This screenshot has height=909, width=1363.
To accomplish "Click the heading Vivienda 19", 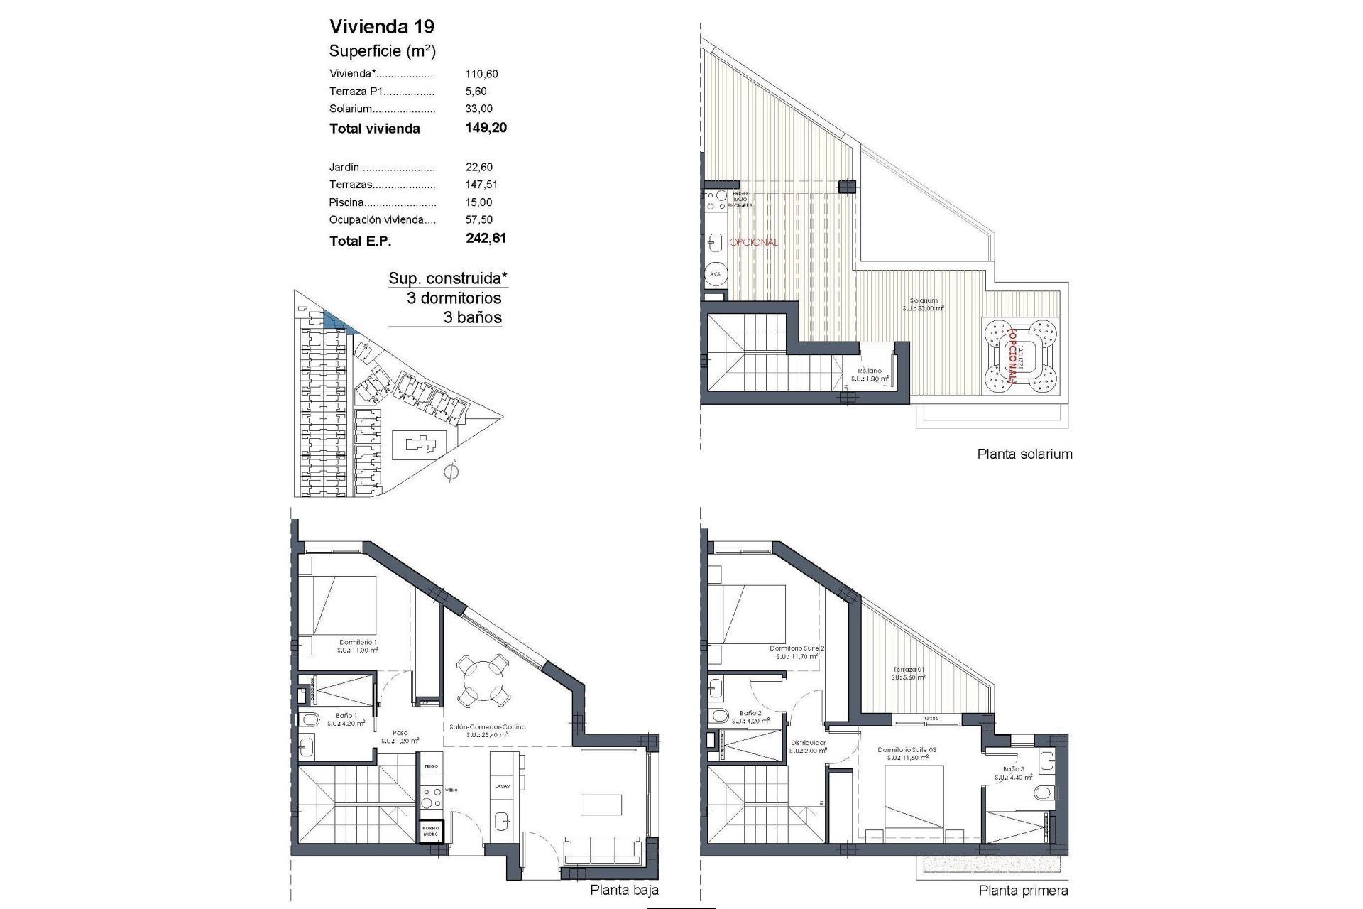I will tap(382, 27).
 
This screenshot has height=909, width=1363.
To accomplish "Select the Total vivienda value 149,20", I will tap(486, 128).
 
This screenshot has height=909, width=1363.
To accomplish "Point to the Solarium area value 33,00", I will tap(478, 109).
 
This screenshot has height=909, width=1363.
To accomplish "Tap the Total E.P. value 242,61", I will tap(486, 239).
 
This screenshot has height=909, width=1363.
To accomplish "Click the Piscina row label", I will tap(346, 202).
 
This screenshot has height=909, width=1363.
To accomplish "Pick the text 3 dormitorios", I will tap(454, 298).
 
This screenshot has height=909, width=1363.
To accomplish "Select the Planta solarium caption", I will tap(1024, 454).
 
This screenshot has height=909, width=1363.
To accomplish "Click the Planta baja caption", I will tap(624, 890).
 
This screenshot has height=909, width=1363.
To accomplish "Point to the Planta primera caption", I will tap(1023, 891).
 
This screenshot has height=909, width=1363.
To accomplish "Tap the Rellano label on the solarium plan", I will tap(870, 371).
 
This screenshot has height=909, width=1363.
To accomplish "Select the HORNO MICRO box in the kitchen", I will tap(430, 831).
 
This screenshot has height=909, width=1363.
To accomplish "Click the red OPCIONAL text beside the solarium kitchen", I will tap(753, 242).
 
